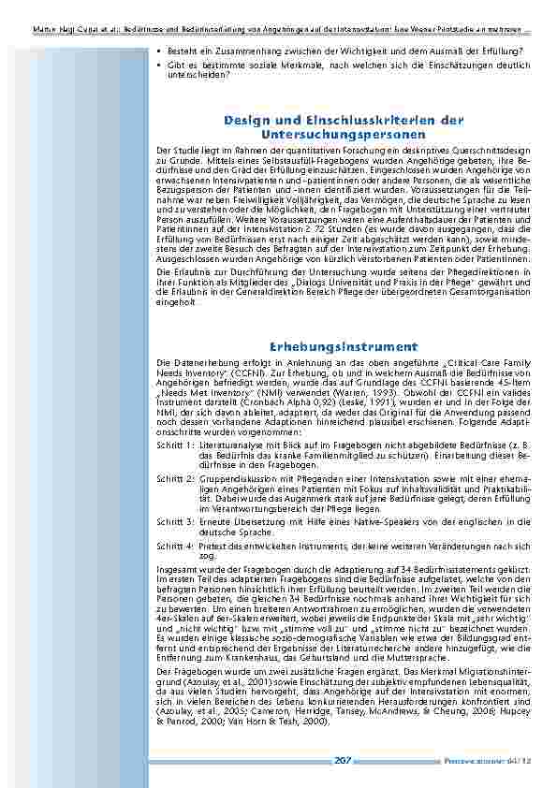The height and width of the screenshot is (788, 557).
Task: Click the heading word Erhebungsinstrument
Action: pos(344,346)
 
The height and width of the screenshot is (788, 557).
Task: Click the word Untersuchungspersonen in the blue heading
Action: pos(344,135)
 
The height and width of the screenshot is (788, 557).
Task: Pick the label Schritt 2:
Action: pos(175,477)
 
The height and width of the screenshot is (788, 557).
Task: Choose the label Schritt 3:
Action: pos(175,519)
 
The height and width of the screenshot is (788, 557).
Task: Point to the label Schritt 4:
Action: pos(175,545)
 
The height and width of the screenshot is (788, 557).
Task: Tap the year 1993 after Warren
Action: pos(356,394)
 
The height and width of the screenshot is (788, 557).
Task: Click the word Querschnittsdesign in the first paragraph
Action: pos(494,150)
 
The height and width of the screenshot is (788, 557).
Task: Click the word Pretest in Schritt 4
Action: pos(213,545)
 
